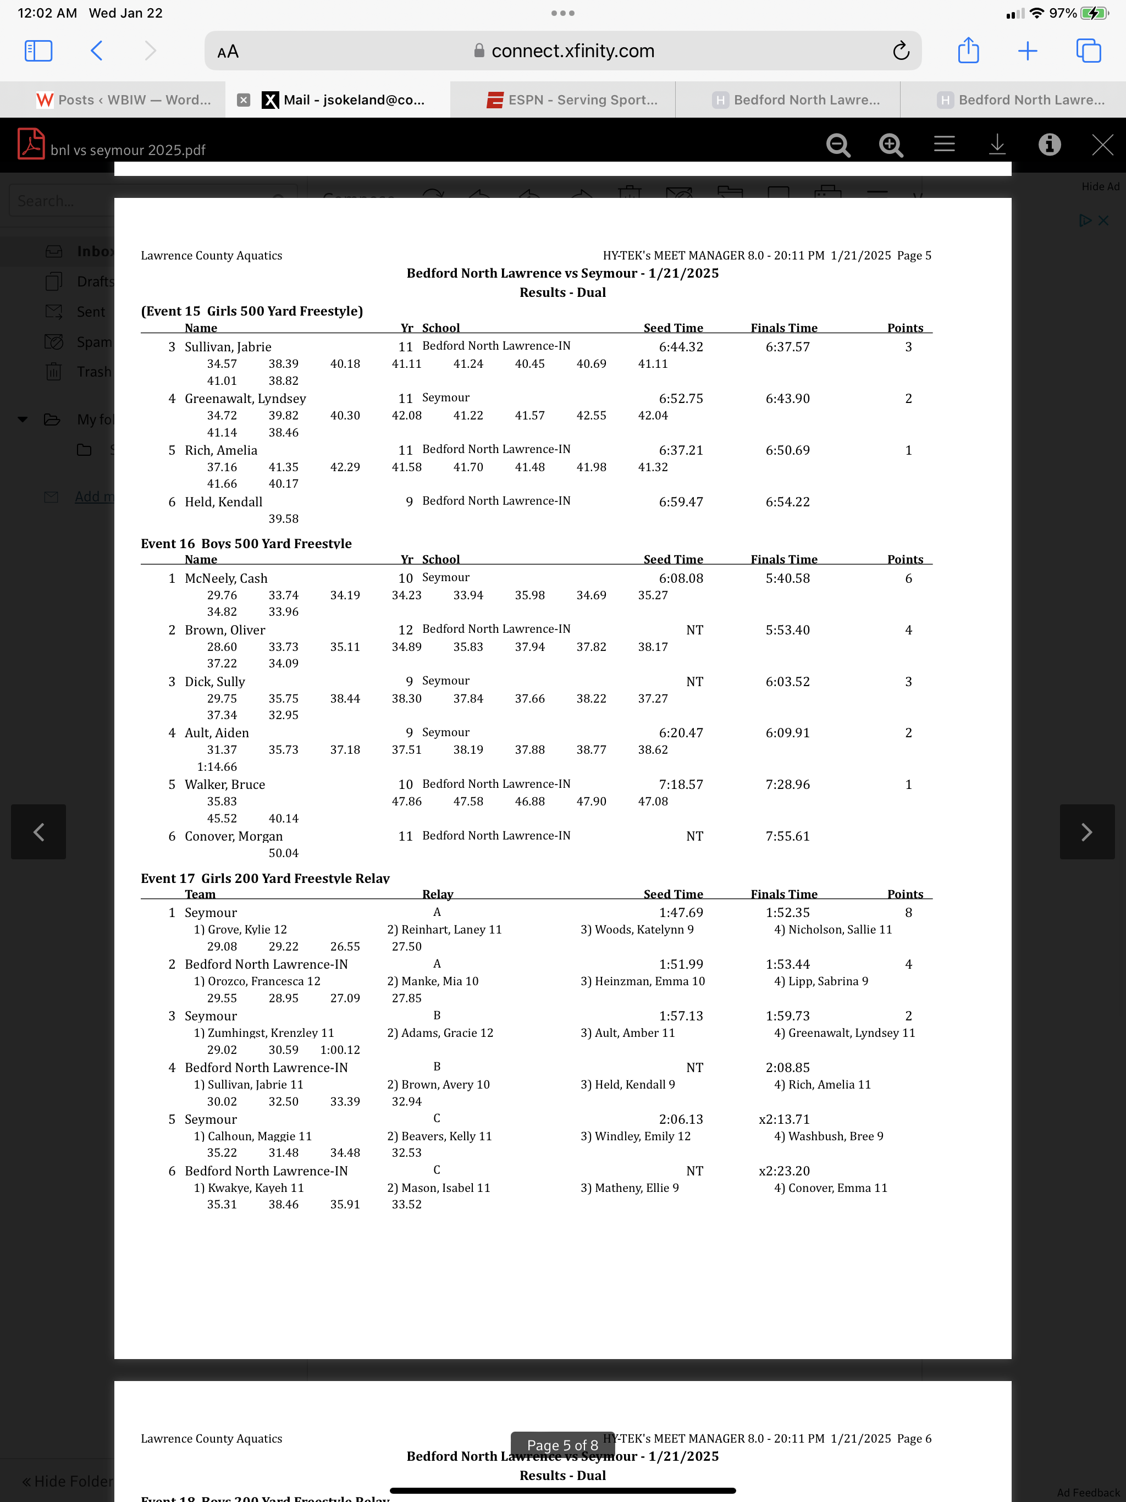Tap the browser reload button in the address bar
[901, 51]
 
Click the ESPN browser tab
[572, 100]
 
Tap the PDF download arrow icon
[996, 145]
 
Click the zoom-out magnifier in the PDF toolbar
[838, 145]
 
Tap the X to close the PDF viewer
[1102, 145]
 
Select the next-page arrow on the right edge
[1086, 832]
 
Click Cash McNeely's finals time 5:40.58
[787, 578]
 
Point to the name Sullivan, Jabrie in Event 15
[228, 347]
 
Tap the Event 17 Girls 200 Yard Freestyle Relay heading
[265, 878]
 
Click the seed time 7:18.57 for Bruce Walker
[681, 785]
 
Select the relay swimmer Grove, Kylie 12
[240, 930]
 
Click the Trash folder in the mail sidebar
[93, 372]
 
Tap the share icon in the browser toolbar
[968, 51]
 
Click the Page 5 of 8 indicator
[562, 1445]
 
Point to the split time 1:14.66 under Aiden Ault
[217, 766]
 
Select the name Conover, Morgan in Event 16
[234, 836]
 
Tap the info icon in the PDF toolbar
[1049, 145]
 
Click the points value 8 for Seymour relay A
[908, 913]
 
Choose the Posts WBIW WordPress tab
[124, 100]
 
